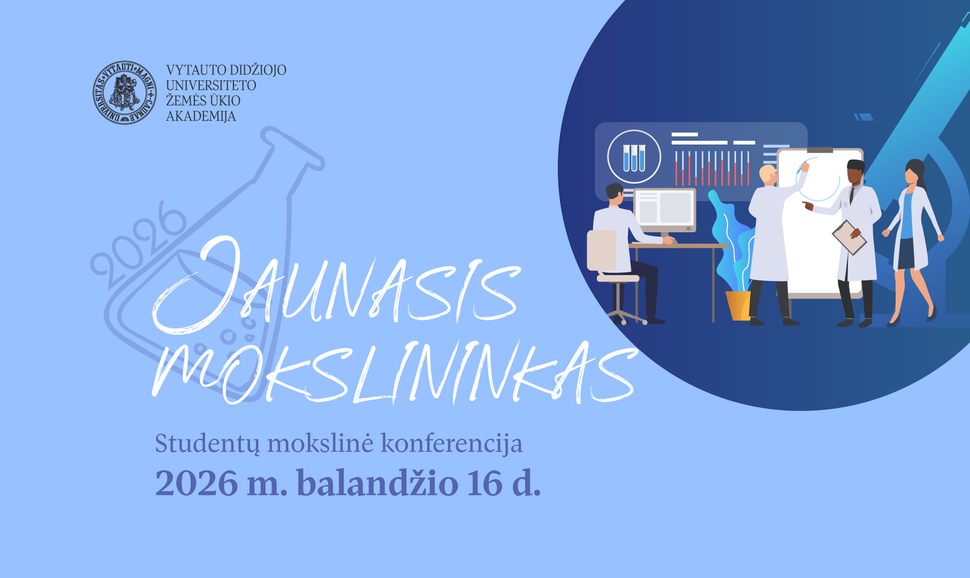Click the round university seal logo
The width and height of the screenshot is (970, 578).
pos(125,93)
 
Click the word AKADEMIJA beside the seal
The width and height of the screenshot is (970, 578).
pos(201,116)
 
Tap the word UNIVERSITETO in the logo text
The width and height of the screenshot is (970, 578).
pos(211,86)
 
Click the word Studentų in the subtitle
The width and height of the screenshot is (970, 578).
pos(208,444)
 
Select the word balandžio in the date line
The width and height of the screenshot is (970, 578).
pos(377,483)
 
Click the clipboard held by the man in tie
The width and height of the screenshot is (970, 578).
pos(849,237)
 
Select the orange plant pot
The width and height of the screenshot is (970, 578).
pos(738,306)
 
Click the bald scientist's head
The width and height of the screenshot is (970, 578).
pos(768,174)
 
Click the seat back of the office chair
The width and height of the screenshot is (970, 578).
pos(602,250)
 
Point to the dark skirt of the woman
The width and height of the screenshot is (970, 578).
pos(906,254)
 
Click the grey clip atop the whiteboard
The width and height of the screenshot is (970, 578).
pos(820,150)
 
